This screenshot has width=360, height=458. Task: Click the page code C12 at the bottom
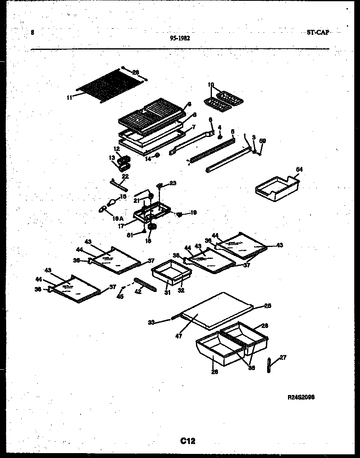(187, 441)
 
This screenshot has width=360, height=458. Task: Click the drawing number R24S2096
(301, 397)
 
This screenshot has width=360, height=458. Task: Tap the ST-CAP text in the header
(317, 32)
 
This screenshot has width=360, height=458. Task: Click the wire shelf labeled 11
(108, 85)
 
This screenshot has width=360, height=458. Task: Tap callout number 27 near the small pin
(283, 357)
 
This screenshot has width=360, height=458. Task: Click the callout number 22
(125, 176)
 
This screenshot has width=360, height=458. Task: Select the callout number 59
(263, 141)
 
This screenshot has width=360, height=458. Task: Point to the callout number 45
(120, 296)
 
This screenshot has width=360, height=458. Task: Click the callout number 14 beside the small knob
(148, 159)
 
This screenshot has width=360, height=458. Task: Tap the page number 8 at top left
(32, 33)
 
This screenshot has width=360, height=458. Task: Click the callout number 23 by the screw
(173, 184)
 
